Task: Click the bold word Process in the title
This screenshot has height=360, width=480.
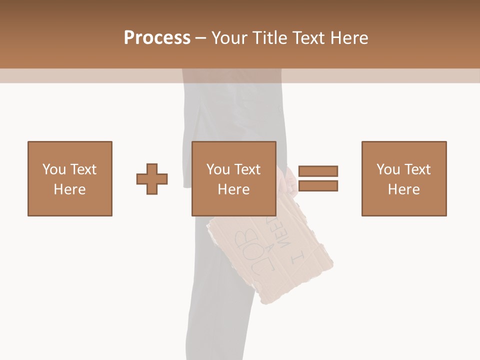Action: pos(157,38)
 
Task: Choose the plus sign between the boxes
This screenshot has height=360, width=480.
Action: pos(152,179)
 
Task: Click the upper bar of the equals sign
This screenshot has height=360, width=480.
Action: pos(318,171)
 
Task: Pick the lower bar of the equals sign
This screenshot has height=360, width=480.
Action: pos(318,185)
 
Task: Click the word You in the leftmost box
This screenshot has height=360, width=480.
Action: pos(53,169)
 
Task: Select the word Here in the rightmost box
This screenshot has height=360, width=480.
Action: pos(403,189)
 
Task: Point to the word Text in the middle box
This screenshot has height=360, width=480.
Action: pos(247,169)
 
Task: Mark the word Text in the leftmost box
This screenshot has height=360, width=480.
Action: pos(83,169)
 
